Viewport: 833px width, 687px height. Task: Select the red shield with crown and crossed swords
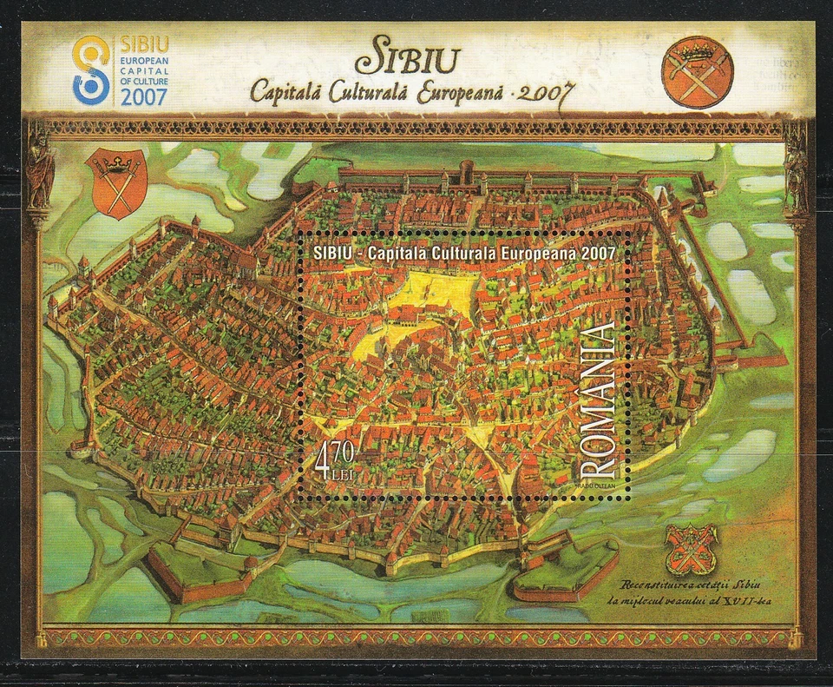(x=118, y=183)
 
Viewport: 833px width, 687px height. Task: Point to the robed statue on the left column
(x=40, y=170)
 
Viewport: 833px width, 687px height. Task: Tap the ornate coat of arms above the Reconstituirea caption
(x=690, y=549)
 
